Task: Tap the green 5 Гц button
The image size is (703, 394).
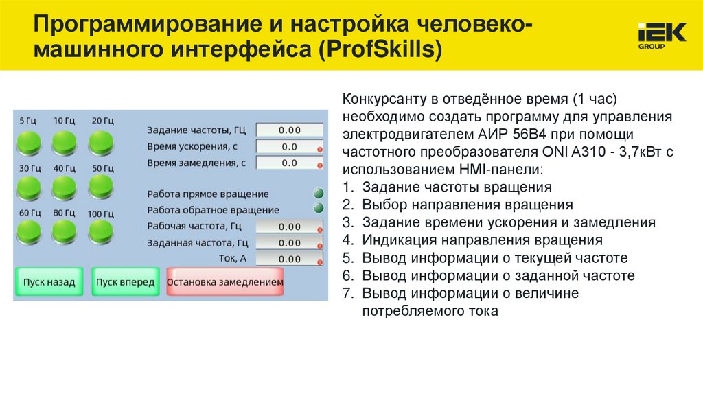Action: coord(29,142)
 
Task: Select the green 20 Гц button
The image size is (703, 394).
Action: coord(100,142)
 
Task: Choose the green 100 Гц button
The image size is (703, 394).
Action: coord(100,230)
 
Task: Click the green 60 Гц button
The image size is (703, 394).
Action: coord(29,230)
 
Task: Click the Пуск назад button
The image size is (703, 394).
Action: coord(49,282)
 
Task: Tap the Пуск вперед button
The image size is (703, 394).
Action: coord(125,282)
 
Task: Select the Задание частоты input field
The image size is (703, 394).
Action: coord(289,130)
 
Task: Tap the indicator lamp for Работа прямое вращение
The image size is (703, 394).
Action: coord(319,194)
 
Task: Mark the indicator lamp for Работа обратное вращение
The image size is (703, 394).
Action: coord(319,208)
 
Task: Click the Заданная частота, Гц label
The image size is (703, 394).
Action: coord(198,242)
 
